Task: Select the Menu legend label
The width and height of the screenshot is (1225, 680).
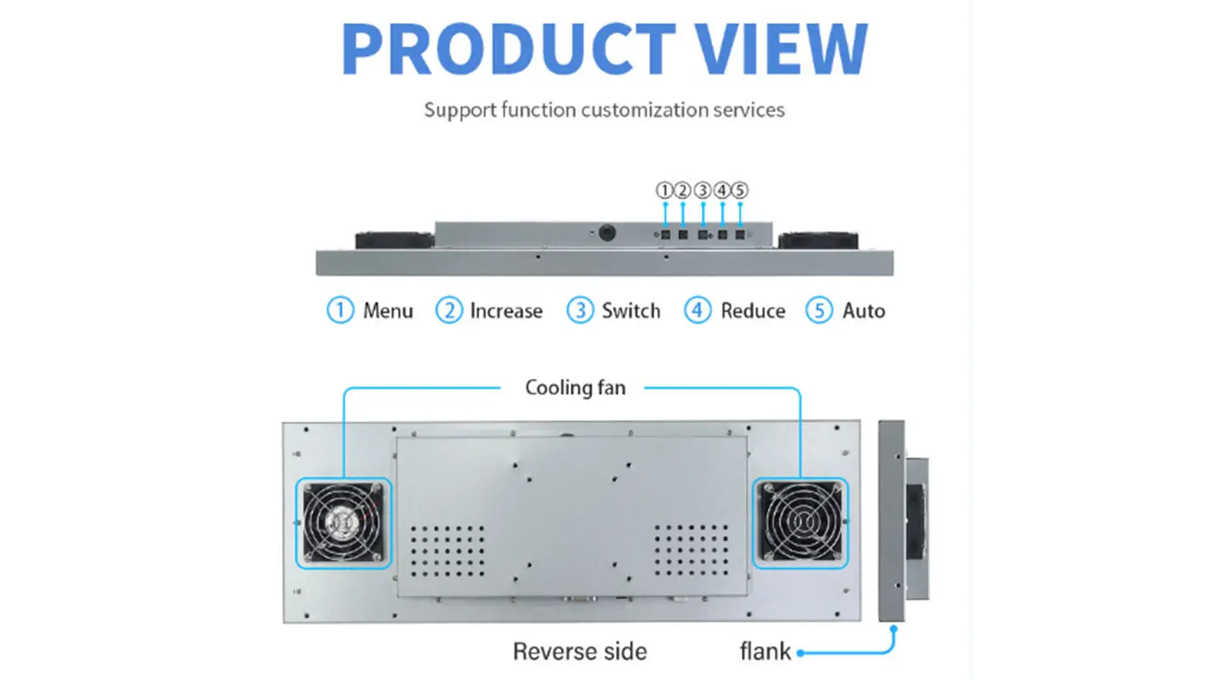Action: [x=388, y=311]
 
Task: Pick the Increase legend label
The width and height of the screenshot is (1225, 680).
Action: [x=506, y=311]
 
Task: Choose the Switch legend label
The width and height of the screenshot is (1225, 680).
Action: [x=630, y=311]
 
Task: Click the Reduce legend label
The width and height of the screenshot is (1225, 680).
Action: [x=753, y=311]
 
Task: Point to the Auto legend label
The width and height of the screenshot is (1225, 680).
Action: [x=863, y=311]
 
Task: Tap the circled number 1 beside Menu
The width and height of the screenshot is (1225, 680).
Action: [x=340, y=311]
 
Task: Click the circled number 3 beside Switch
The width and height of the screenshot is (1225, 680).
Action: [x=579, y=311]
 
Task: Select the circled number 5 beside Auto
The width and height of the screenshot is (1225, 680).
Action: [x=819, y=311]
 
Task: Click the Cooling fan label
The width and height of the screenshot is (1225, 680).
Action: [x=575, y=388]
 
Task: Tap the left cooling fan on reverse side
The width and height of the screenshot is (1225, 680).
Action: [x=343, y=522]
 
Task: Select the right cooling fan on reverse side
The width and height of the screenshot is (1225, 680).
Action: [x=801, y=522]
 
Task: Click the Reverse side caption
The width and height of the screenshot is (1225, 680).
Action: [x=579, y=652]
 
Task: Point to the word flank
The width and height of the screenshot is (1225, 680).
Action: [x=766, y=652]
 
